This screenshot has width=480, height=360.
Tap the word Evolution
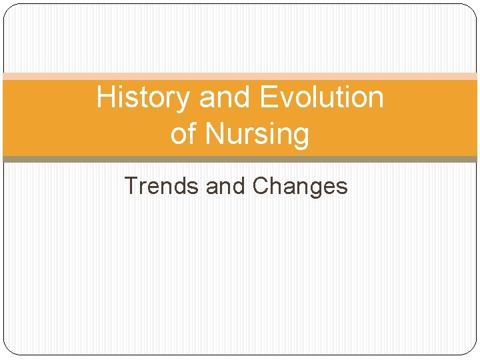tap(321, 98)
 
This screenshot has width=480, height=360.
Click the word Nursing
tap(257, 134)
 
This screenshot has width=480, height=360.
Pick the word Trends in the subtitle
tap(162, 186)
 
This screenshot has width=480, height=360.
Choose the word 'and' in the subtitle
tap(226, 186)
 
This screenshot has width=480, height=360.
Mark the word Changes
tap(301, 187)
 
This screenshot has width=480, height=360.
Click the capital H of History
tap(105, 98)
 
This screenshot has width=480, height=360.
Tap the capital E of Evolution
tap(267, 98)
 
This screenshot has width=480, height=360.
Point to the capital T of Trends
tap(131, 186)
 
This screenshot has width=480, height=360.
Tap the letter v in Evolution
tap(289, 101)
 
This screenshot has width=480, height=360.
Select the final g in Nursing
tap(301, 137)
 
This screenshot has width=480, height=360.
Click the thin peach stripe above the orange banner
tap(240, 77)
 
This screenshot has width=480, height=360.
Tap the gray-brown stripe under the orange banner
tap(240, 159)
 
